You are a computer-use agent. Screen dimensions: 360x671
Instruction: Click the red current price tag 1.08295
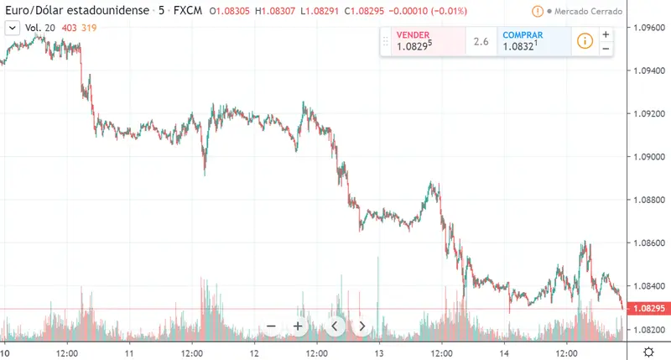point(648,310)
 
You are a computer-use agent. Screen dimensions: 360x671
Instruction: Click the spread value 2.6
point(481,41)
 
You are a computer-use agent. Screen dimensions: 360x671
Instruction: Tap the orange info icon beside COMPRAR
point(585,41)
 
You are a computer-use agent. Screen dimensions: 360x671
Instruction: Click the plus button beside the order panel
point(606,34)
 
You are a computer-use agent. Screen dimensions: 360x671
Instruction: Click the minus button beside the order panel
point(606,49)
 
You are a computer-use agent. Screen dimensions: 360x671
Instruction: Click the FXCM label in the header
point(186,12)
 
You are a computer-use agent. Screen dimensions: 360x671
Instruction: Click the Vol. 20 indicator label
point(40,28)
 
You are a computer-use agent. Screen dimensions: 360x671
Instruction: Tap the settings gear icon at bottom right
point(648,351)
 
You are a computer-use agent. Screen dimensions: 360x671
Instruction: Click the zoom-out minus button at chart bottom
point(271,326)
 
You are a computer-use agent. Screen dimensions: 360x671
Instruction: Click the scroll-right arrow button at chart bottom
point(362,326)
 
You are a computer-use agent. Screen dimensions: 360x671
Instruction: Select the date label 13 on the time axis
point(379,351)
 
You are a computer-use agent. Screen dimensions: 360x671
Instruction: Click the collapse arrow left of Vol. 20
point(12,28)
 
